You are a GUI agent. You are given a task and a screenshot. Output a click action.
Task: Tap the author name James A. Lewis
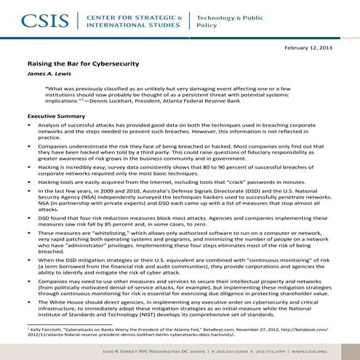48,75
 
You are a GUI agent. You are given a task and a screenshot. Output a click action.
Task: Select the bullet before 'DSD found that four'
31,217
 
